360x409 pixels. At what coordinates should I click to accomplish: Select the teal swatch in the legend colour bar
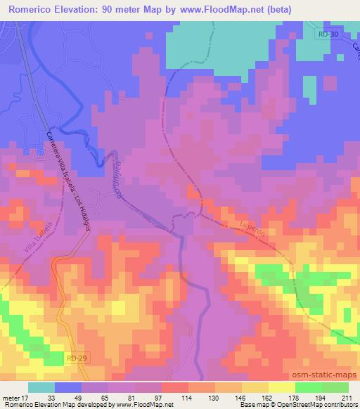pyautogui.click(x=41, y=387)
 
